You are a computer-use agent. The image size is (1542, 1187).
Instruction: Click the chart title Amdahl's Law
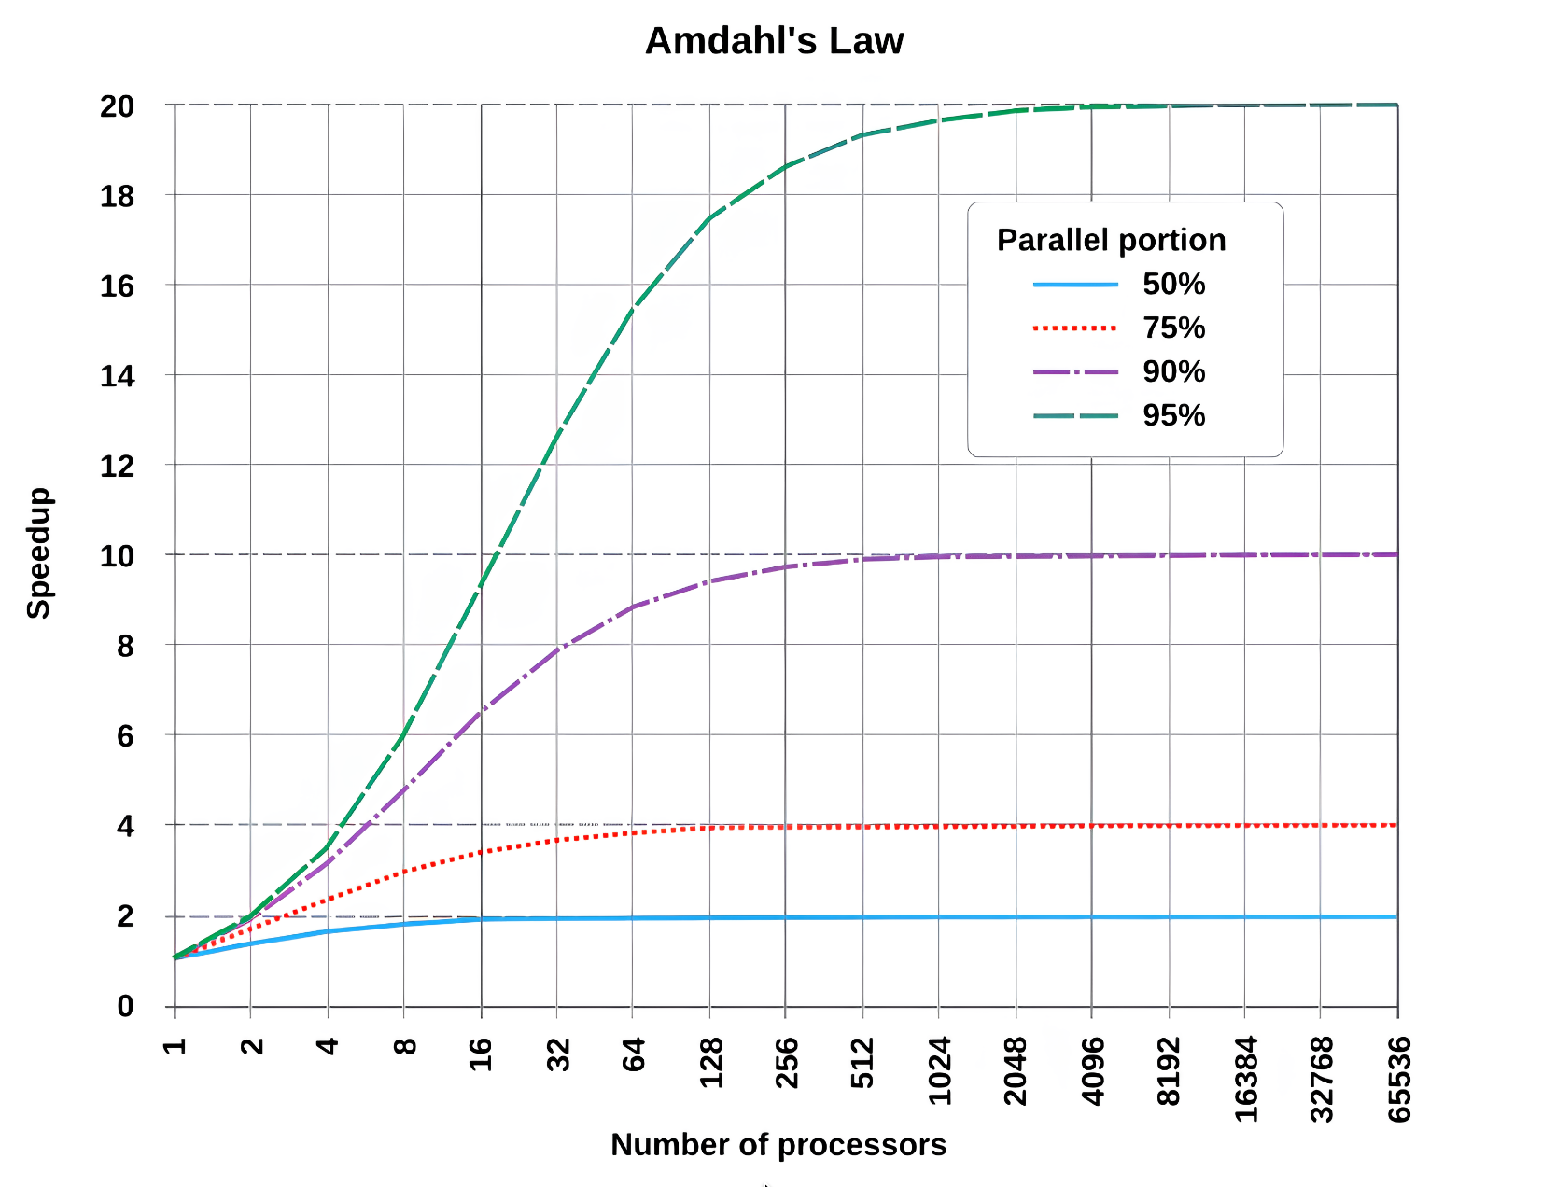click(x=774, y=41)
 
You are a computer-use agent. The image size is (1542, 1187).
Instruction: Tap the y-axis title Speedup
click(x=38, y=552)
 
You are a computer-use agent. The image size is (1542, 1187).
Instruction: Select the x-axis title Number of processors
click(x=778, y=1144)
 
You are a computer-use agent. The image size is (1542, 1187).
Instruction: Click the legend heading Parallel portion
click(x=1111, y=240)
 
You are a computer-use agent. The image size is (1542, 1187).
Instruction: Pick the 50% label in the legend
click(x=1173, y=284)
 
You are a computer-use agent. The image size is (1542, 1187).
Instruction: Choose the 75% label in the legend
click(x=1173, y=328)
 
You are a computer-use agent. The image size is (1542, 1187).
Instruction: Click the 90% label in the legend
click(x=1173, y=371)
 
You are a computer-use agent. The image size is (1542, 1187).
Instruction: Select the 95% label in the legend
click(x=1173, y=415)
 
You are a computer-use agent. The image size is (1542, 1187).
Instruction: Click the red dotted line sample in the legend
click(x=1075, y=328)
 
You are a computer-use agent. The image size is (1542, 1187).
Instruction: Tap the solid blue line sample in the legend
click(x=1075, y=285)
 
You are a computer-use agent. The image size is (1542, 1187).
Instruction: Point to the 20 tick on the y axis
click(x=118, y=106)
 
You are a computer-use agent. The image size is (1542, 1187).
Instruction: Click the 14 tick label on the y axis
click(x=118, y=376)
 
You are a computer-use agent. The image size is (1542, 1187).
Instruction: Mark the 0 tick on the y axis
click(x=125, y=1006)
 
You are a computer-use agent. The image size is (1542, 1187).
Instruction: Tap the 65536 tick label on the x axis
click(x=1398, y=1079)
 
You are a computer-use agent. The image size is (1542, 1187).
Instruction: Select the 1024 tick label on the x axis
click(x=939, y=1070)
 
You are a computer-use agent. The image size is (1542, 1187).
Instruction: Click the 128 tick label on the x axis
click(x=710, y=1063)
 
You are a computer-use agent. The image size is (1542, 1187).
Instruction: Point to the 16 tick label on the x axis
click(x=481, y=1054)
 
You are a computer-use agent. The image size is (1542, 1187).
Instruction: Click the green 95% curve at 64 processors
click(x=633, y=310)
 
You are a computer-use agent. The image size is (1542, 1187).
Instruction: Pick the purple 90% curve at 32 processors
click(x=557, y=649)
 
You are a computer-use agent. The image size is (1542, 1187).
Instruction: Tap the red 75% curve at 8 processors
click(x=404, y=872)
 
